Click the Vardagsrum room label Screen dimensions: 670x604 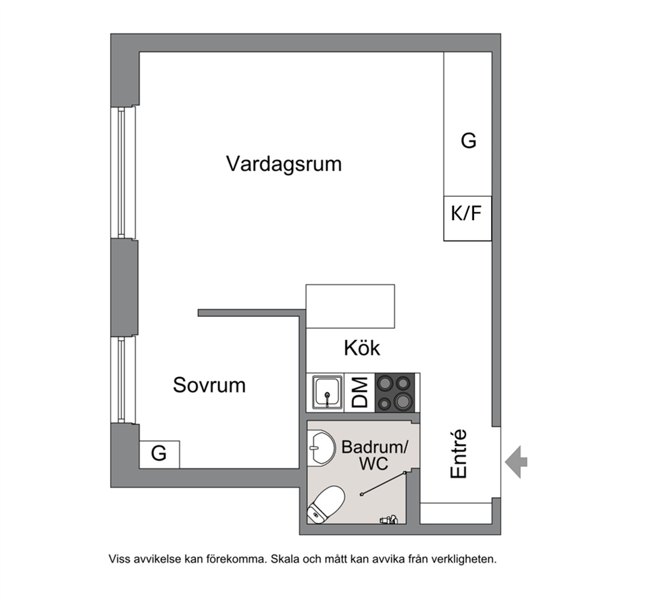[284, 164]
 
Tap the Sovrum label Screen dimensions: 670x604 [209, 385]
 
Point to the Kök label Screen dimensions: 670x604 [362, 348]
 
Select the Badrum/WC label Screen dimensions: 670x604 [375, 455]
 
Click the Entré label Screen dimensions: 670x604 [459, 453]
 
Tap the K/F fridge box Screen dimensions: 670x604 [467, 218]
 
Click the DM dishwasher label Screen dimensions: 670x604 [360, 393]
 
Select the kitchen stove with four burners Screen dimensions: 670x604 [395, 393]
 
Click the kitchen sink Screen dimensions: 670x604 [328, 393]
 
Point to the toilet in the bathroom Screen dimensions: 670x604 [326, 505]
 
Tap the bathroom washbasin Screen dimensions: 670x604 [321, 448]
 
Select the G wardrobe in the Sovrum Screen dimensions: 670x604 [159, 455]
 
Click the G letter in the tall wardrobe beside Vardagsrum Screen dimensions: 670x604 [468, 141]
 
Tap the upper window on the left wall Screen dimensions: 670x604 [123, 172]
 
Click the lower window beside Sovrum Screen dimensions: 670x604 [123, 380]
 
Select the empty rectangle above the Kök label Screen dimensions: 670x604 [351, 307]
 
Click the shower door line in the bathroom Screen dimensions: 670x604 [383, 484]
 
